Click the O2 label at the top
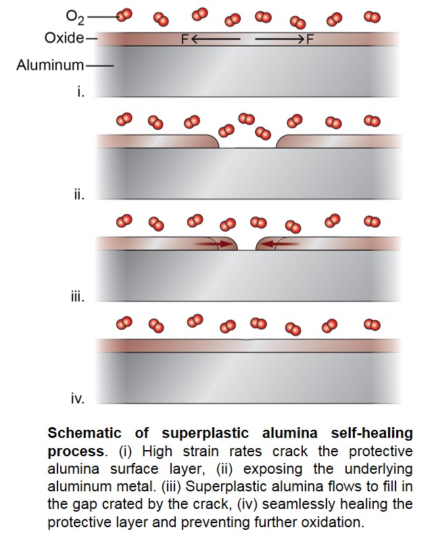point(75,17)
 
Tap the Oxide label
point(64,38)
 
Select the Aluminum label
point(50,65)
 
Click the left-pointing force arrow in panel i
point(216,39)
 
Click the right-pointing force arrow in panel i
point(280,39)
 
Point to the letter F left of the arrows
point(185,40)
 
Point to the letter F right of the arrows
point(310,40)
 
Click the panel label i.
point(81,92)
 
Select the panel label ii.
point(79,195)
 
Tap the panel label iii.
point(78,297)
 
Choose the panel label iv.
point(78,399)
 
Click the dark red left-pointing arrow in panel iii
point(280,244)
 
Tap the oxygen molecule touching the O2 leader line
point(124,15)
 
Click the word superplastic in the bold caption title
point(205,433)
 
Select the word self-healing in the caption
point(372,433)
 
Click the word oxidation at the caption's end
point(333,522)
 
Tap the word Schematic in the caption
point(84,433)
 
